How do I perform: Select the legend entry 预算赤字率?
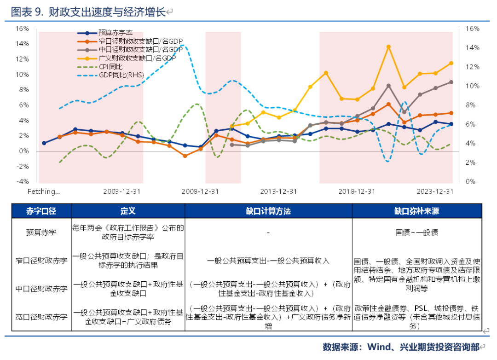pyautogui.click(x=115, y=33)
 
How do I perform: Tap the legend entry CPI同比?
pyautogui.click(x=110, y=66)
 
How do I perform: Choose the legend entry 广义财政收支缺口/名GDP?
pyautogui.click(x=137, y=58)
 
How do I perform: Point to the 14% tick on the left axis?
pyautogui.click(x=22, y=44)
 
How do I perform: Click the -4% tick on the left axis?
pyautogui.click(x=22, y=182)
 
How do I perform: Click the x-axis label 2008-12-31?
pyautogui.click(x=200, y=191)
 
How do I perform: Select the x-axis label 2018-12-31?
pyautogui.click(x=357, y=191)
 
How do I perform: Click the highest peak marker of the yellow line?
pyautogui.click(x=388, y=46)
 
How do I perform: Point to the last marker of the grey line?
pyautogui.click(x=451, y=82)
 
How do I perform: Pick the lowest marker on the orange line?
pyautogui.click(x=185, y=156)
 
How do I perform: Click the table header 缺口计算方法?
pyautogui.click(x=268, y=211)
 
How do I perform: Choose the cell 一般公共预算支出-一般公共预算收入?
pyautogui.click(x=268, y=261)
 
